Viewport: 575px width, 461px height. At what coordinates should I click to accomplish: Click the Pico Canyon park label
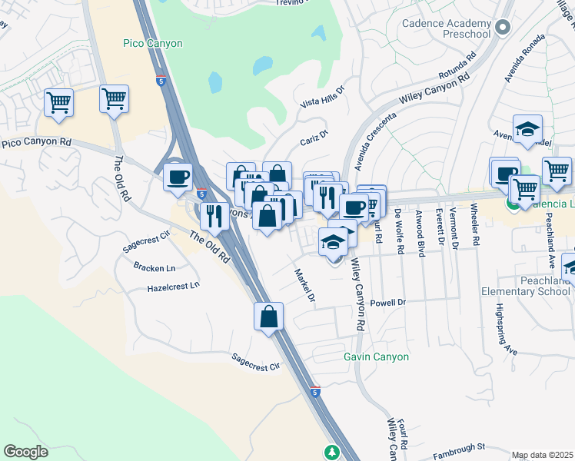click(x=153, y=44)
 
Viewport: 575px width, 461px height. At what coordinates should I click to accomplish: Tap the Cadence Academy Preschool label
click(x=446, y=28)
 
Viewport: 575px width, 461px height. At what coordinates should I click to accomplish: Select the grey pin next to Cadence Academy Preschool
click(x=504, y=28)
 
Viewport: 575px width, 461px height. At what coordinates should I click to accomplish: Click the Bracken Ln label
click(x=154, y=268)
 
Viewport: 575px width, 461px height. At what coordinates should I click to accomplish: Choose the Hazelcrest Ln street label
click(x=173, y=287)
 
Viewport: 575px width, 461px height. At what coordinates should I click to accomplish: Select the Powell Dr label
click(x=387, y=303)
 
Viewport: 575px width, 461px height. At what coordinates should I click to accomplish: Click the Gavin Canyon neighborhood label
click(x=376, y=357)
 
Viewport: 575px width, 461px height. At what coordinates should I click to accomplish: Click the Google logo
click(x=26, y=452)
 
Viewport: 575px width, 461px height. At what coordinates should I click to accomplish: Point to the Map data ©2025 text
click(x=542, y=455)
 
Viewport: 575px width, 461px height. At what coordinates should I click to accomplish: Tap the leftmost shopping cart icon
click(x=58, y=102)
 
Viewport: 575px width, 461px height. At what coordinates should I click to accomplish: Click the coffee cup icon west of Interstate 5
click(x=178, y=177)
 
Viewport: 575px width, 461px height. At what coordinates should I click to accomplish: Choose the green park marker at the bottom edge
click(x=332, y=452)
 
